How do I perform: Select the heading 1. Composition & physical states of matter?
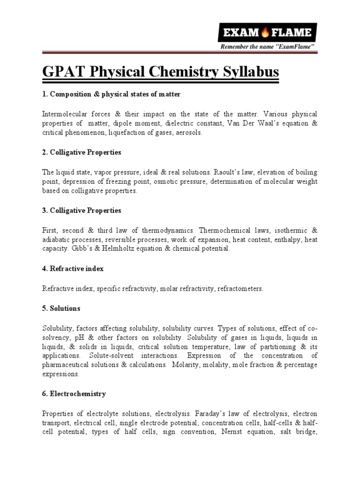111,95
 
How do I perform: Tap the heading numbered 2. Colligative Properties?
82,153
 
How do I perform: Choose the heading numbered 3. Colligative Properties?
82,210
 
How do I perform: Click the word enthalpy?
290,240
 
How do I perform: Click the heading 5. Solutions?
61,308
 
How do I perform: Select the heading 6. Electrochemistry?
74,394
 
